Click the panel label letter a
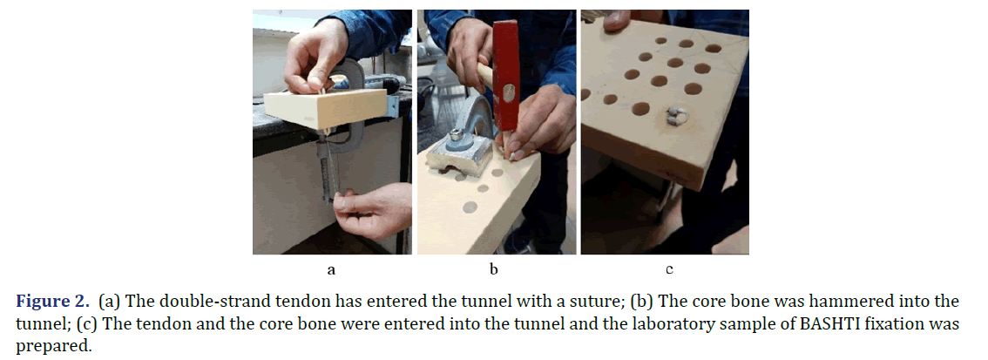pos(331,270)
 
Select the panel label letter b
pos(494,269)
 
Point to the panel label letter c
pos(669,270)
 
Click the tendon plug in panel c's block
pos(675,115)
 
